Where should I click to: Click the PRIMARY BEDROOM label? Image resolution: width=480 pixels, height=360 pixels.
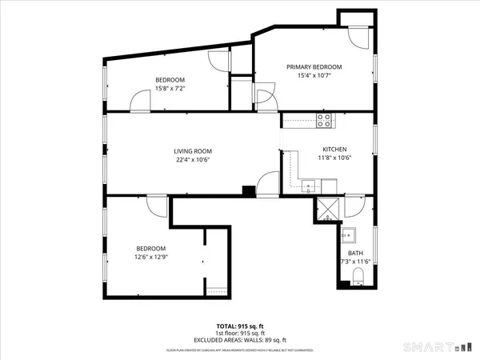point(314,66)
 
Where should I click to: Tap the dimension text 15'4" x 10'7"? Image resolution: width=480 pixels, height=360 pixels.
point(314,76)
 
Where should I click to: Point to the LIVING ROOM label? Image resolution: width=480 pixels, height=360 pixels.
point(193,150)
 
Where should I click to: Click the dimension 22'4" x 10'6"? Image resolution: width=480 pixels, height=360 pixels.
point(193,159)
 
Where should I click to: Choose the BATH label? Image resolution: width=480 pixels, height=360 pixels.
point(354,253)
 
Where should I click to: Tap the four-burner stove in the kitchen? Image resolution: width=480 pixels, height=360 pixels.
point(325,122)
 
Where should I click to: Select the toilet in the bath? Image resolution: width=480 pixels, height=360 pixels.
point(358,278)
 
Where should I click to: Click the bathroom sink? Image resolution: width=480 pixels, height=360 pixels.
point(348,235)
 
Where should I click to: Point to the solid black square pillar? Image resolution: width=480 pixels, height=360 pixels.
point(249,191)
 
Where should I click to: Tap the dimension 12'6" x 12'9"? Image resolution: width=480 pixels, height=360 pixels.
point(151,257)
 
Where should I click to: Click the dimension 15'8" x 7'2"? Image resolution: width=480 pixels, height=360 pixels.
point(170,89)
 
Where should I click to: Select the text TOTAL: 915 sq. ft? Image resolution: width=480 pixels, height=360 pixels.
point(239,326)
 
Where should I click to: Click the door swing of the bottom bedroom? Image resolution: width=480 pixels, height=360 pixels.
point(157,205)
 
